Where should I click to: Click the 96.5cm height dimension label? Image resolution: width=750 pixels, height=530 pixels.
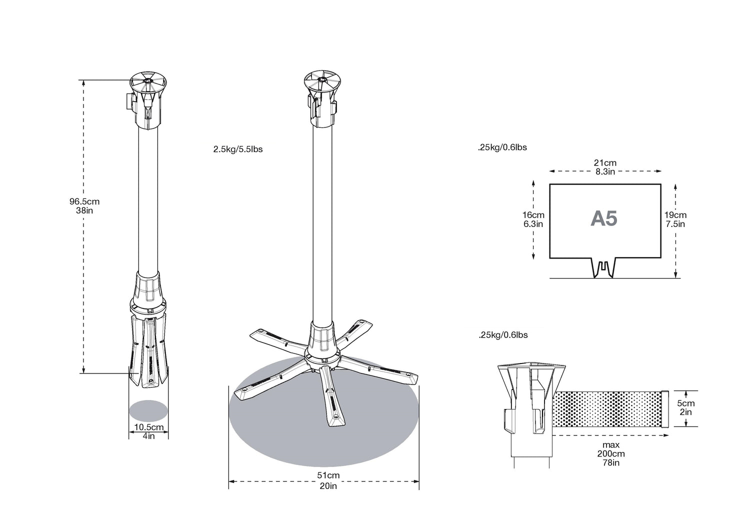[84, 201]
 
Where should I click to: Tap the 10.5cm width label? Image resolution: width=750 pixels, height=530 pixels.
[148, 427]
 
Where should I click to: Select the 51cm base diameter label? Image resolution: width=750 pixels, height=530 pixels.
[328, 475]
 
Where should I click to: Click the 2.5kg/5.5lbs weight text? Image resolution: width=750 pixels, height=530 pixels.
[237, 149]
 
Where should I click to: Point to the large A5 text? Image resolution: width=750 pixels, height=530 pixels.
[603, 218]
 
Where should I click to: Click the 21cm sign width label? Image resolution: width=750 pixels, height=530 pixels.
[605, 162]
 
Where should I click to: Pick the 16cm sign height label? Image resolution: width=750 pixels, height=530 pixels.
[533, 215]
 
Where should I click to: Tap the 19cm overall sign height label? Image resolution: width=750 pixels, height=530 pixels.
[675, 215]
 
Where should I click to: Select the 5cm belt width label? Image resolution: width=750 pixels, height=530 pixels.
[685, 403]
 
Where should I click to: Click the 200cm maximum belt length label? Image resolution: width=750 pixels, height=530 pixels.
[610, 453]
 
